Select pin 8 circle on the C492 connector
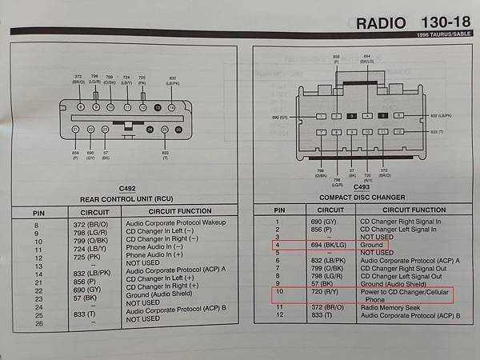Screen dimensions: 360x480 (x=80, y=106)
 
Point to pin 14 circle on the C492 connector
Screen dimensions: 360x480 (x=171, y=106)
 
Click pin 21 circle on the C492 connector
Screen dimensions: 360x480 (x=76, y=130)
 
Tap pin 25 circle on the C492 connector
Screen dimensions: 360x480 (x=164, y=130)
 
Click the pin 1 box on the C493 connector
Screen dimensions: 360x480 (x=320, y=116)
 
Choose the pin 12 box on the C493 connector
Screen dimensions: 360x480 (x=398, y=131)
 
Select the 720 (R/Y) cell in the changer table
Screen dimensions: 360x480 (x=323, y=292)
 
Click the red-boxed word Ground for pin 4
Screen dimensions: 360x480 (x=373, y=245)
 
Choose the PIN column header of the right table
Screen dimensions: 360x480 (x=276, y=210)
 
